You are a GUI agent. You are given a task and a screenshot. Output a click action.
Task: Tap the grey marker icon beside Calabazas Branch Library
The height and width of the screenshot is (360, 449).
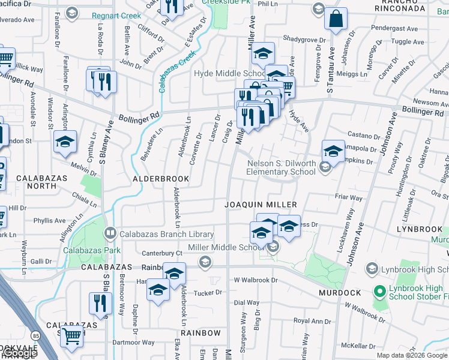click(110, 233)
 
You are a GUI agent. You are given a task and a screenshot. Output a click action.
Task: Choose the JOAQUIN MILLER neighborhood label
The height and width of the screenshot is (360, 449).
click(261, 205)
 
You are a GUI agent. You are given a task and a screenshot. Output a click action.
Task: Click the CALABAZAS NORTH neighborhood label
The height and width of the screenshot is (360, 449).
click(36, 182)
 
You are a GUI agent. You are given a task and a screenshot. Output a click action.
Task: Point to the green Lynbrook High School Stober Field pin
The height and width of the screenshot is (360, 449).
click(379, 292)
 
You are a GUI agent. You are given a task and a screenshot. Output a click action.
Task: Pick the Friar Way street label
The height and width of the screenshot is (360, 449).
click(349, 198)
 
